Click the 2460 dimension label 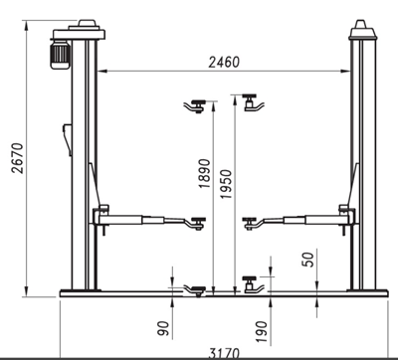click(224, 62)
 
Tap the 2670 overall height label click(17, 158)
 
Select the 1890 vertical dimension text click(204, 173)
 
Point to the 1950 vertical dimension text click(227, 184)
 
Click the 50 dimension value click(307, 260)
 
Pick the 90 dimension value click(163, 328)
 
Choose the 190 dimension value click(262, 331)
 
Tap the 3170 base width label click(224, 353)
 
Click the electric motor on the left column click(60, 54)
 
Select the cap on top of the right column click(362, 30)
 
